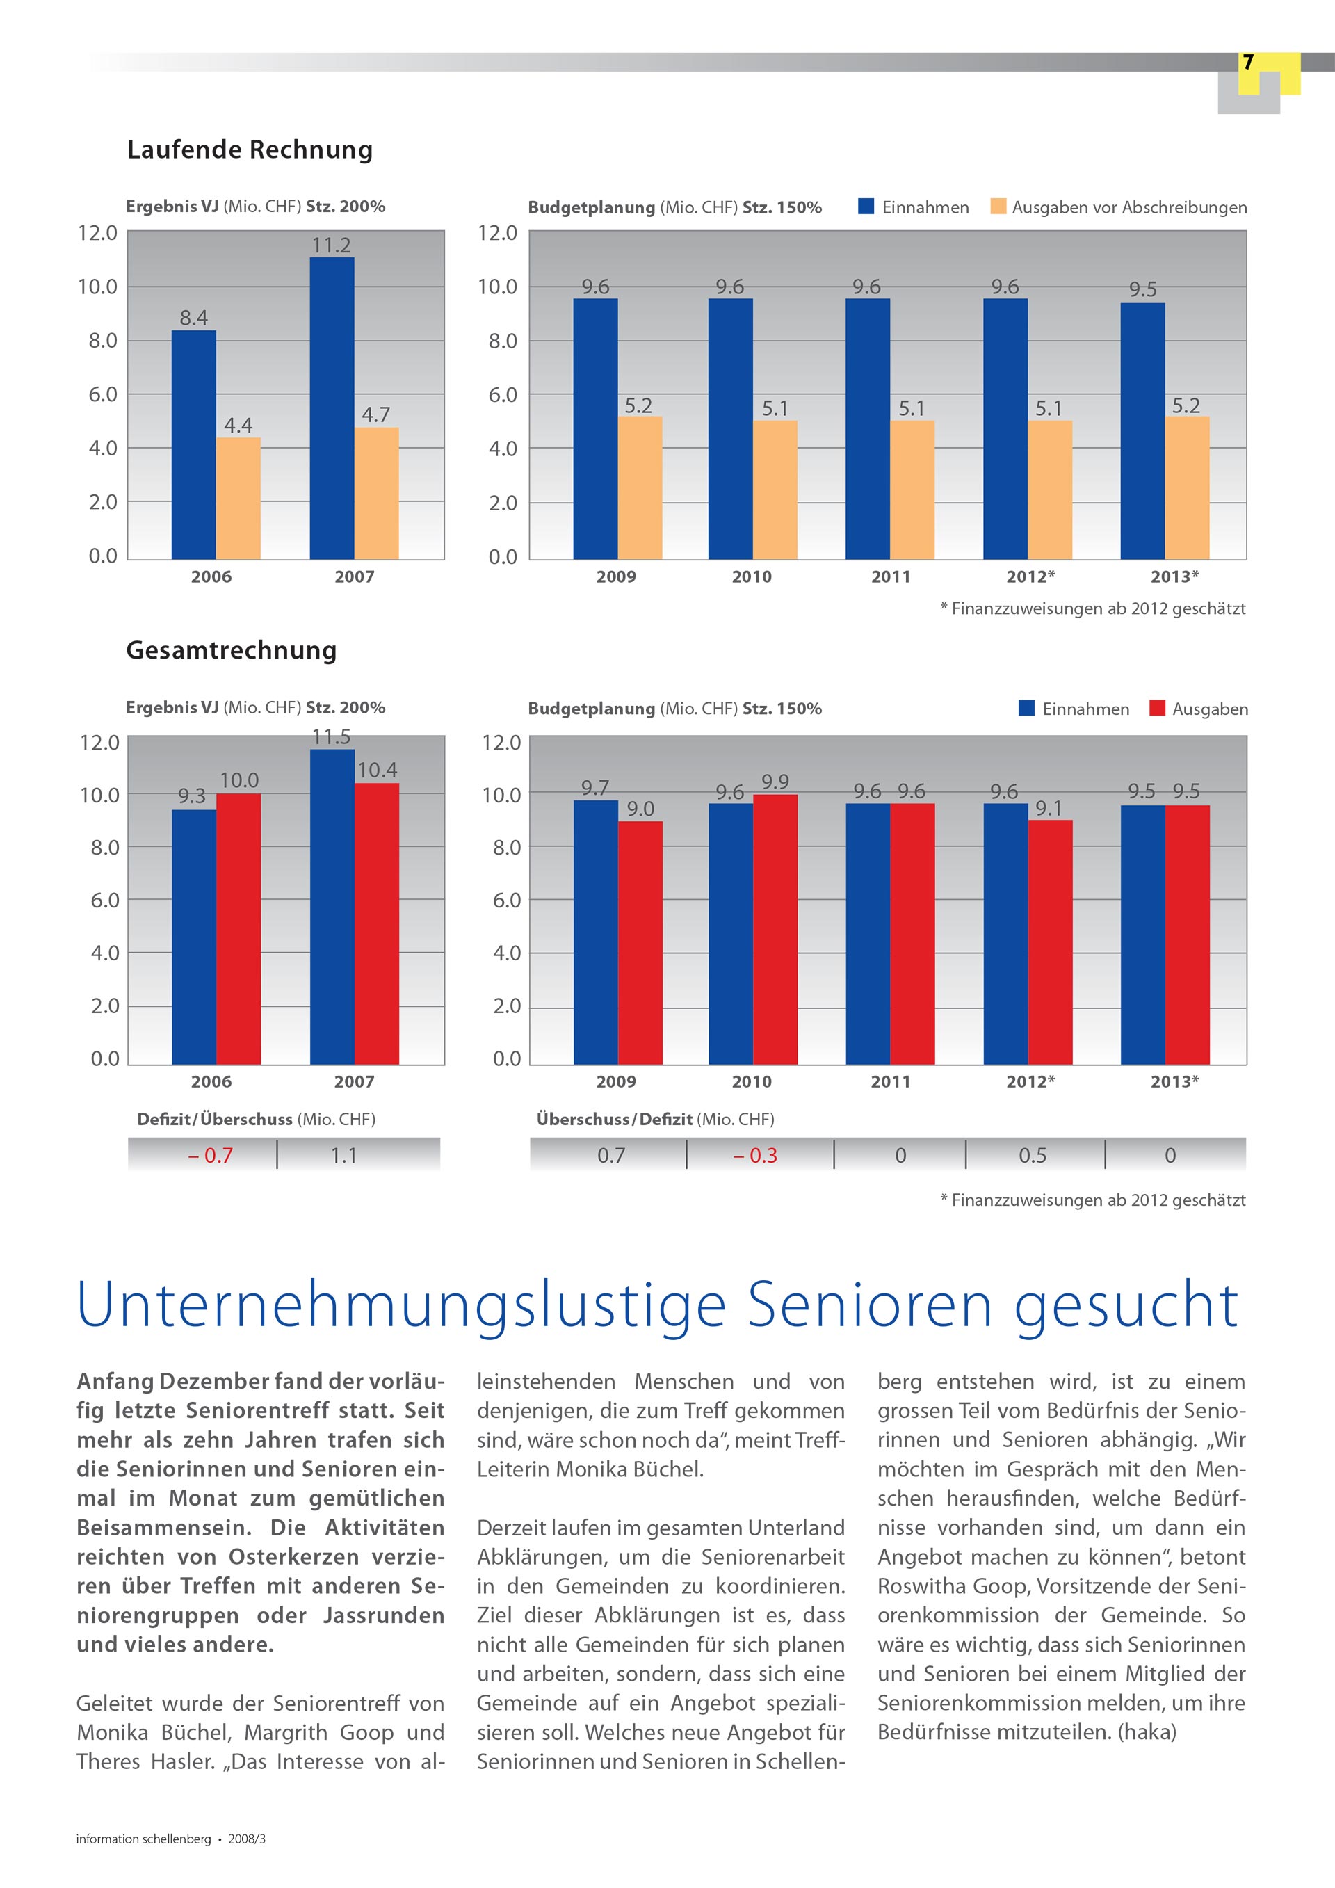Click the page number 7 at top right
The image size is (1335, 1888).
point(1248,63)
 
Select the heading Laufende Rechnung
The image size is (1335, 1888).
point(250,150)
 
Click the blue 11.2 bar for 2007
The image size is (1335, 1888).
point(332,408)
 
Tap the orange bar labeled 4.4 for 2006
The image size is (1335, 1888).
point(238,499)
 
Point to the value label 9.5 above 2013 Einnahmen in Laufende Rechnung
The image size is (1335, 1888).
point(1142,289)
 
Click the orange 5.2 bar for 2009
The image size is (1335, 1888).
point(640,487)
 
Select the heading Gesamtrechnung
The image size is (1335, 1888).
point(232,650)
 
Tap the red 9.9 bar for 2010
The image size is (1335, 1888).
point(775,929)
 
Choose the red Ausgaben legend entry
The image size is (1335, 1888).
point(1199,709)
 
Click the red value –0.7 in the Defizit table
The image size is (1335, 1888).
point(211,1155)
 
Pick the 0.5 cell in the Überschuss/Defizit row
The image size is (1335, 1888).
point(1033,1155)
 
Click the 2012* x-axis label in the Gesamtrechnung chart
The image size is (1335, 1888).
point(1031,1081)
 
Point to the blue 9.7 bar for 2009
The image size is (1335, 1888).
point(595,933)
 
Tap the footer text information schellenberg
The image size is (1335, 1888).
point(144,1839)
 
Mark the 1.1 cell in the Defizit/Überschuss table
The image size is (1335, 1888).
point(343,1155)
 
